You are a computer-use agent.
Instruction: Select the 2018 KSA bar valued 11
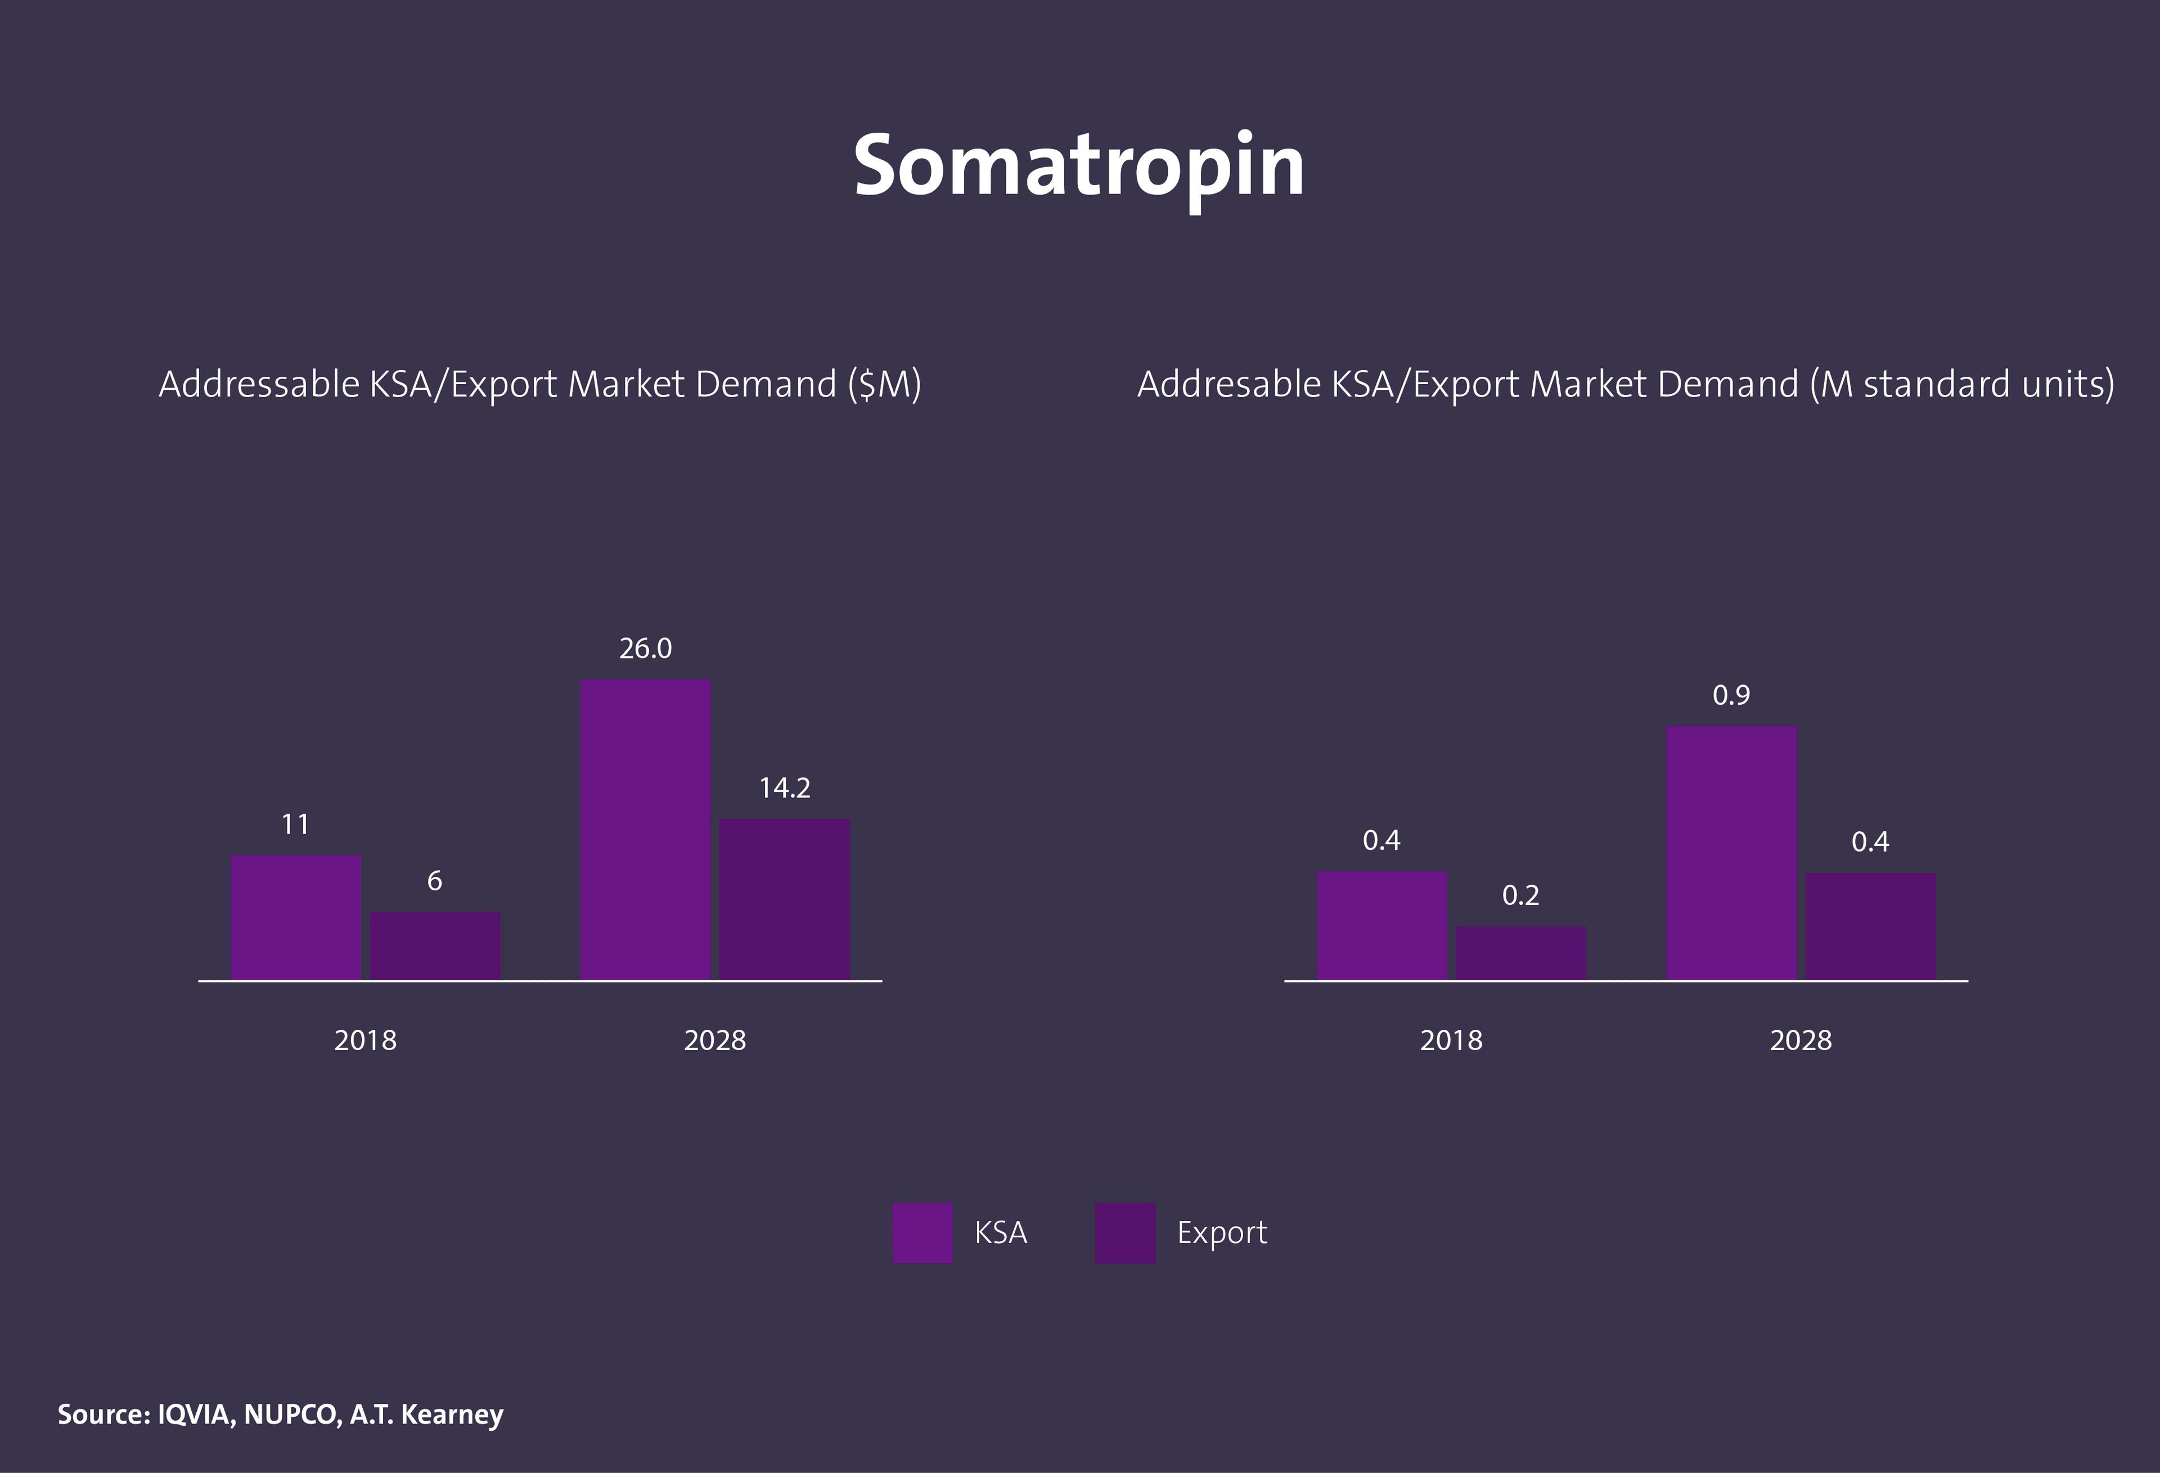coord(295,917)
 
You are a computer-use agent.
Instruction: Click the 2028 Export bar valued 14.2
coord(785,899)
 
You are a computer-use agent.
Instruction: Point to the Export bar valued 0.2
coord(1520,953)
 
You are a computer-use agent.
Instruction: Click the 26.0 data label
coord(645,648)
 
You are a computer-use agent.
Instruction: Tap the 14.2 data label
coord(785,788)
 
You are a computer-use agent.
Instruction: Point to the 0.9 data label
coord(1731,695)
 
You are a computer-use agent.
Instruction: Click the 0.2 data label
coord(1520,896)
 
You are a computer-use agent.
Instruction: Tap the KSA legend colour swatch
coord(922,1233)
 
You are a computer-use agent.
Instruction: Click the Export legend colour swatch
coord(1124,1233)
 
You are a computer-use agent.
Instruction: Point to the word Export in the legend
coord(1221,1233)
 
